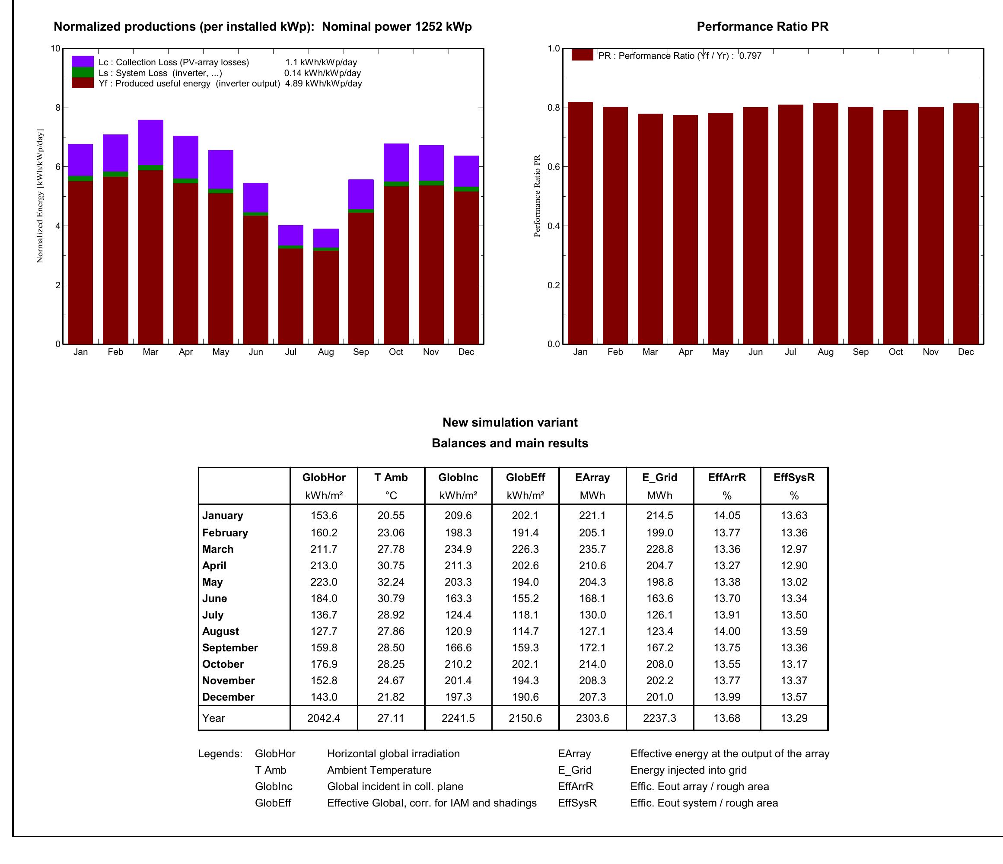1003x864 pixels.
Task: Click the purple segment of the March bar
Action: (150, 142)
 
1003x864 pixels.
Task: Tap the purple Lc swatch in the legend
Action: (82, 61)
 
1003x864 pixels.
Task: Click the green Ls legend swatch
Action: (82, 73)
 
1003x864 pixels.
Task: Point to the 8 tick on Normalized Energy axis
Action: (57, 108)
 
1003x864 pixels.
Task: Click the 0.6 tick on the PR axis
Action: (554, 166)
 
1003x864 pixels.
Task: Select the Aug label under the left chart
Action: (326, 352)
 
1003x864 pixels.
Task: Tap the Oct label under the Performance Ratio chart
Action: (895, 352)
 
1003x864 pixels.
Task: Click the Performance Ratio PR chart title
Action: (762, 27)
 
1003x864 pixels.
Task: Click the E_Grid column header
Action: (659, 477)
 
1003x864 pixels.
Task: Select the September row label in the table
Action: (230, 647)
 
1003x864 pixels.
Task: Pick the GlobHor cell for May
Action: (324, 582)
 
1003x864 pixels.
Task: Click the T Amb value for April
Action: (391, 565)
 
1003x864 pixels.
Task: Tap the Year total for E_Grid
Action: (659, 718)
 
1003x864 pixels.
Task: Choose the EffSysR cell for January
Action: (794, 516)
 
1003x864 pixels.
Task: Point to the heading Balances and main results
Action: (510, 443)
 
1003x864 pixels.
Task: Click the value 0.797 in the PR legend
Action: (750, 56)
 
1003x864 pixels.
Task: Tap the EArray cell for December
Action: (592, 697)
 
